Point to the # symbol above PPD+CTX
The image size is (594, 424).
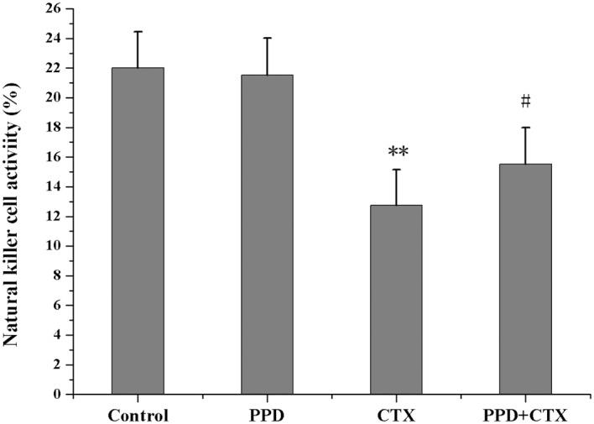coord(525,102)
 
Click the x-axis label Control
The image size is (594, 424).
coord(138,415)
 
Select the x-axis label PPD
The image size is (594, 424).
coord(267,415)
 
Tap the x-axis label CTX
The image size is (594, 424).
coord(396,415)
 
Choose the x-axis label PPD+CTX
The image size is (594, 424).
coord(525,415)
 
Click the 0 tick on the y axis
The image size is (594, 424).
coord(58,394)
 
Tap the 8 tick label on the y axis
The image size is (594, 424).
coord(58,275)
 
